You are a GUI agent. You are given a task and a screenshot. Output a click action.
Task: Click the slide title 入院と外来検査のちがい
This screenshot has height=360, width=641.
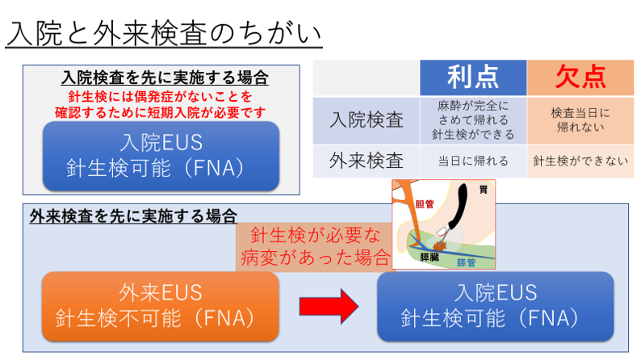click(x=164, y=34)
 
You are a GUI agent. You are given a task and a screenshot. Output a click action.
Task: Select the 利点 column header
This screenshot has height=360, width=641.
click(x=473, y=77)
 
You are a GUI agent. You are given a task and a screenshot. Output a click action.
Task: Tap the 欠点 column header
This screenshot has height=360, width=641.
click(x=580, y=77)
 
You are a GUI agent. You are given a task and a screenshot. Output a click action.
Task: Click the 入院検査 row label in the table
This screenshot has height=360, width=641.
click(x=367, y=120)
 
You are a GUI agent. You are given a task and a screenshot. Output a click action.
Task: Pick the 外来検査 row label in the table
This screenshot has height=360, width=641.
click(x=367, y=161)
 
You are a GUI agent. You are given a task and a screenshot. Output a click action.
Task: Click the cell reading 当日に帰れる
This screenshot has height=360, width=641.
click(x=473, y=161)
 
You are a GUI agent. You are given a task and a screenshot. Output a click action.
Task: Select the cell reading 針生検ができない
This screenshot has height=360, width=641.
click(x=580, y=161)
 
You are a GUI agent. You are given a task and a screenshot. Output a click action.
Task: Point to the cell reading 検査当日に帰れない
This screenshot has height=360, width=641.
click(x=580, y=119)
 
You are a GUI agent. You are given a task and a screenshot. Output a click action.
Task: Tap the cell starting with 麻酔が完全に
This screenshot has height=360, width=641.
click(x=473, y=119)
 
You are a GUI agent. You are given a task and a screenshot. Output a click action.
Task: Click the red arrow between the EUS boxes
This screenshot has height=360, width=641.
click(x=329, y=307)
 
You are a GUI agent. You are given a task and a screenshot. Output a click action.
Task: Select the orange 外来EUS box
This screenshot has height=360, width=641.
click(x=161, y=307)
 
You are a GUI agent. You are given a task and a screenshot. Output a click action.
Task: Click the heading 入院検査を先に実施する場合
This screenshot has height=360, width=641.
click(x=165, y=77)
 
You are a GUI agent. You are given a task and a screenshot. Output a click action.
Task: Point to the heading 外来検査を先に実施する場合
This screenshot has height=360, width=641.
click(x=133, y=216)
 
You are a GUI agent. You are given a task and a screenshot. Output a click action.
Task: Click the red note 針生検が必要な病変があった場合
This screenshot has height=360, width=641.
click(x=315, y=246)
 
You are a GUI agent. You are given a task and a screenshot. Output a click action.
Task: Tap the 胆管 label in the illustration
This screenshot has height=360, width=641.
click(x=425, y=203)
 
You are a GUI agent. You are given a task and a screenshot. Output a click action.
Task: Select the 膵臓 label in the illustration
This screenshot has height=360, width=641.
click(x=429, y=257)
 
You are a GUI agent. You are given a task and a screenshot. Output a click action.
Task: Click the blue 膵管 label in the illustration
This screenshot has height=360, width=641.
click(x=466, y=262)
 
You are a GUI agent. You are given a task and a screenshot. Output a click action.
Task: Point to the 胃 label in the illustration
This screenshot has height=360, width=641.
click(x=484, y=190)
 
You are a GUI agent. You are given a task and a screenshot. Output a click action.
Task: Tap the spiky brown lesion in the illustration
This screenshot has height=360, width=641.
click(x=440, y=245)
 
